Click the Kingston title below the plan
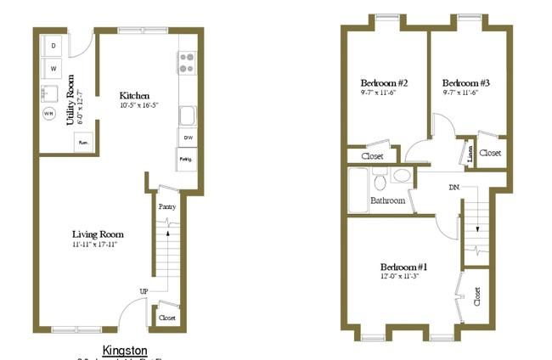coord(125,349)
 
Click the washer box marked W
coord(53,66)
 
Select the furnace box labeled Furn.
coord(84,143)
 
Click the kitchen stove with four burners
coord(186,62)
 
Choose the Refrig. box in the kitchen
coord(186,159)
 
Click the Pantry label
coord(167,205)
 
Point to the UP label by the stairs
coord(145,292)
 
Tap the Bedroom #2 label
coord(380,83)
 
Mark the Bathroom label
coord(386,201)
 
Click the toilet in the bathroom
coord(380,181)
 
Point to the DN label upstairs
coord(455,188)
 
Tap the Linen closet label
coord(470,154)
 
